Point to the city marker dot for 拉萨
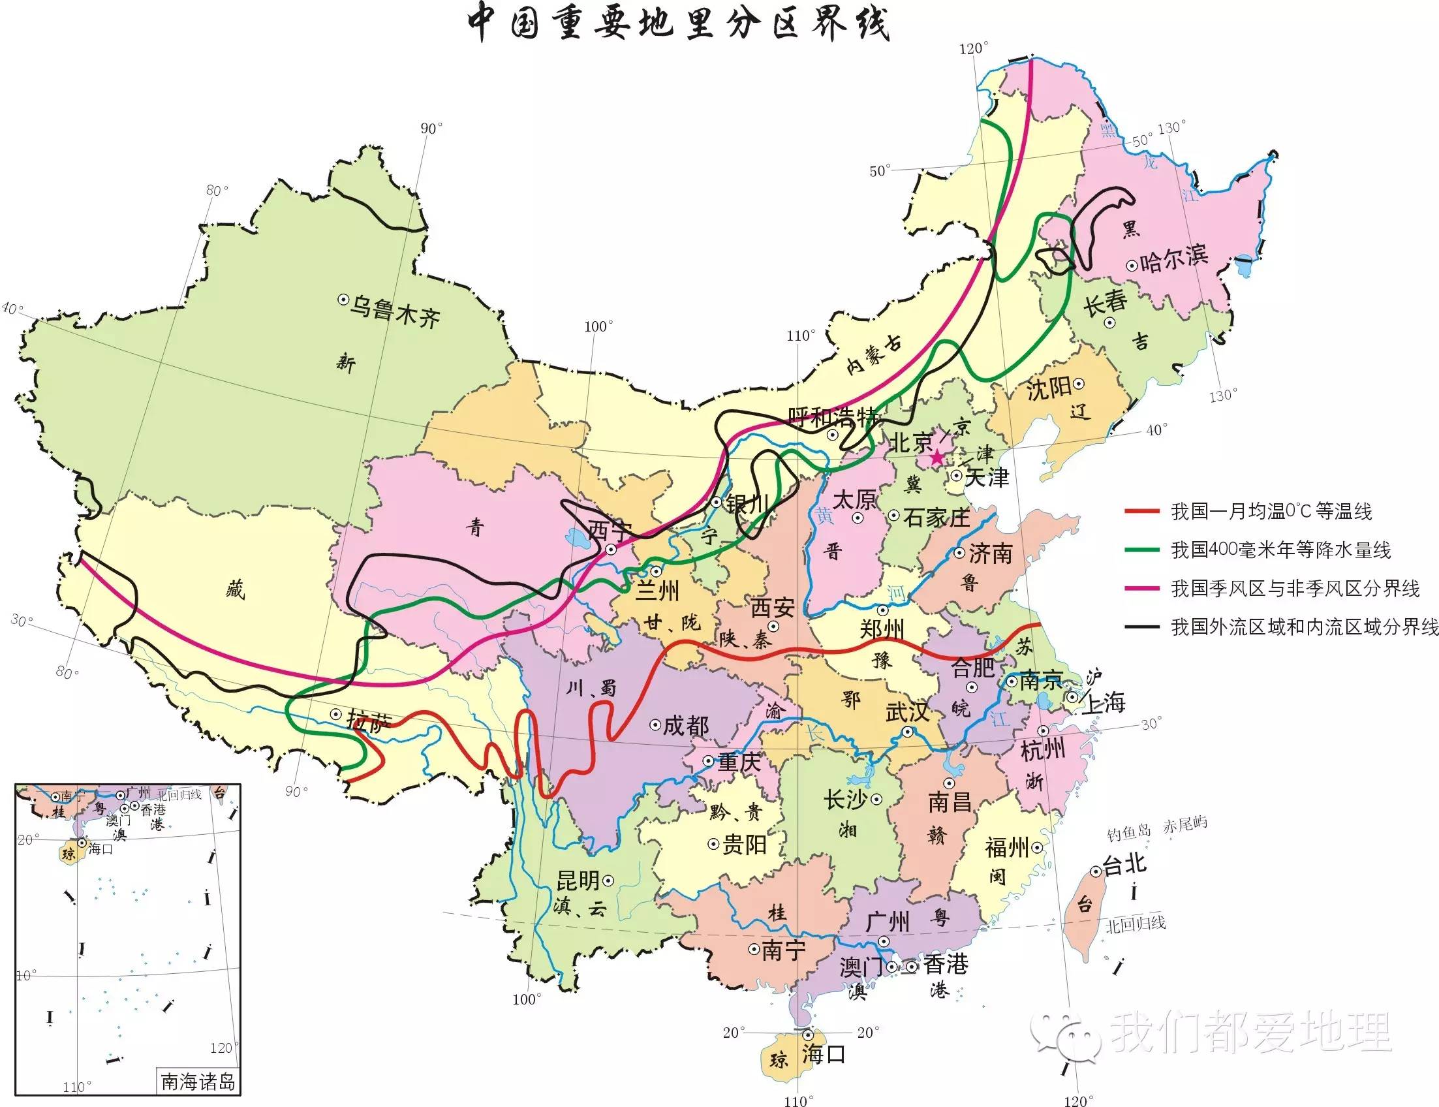tap(335, 713)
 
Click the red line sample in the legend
tap(1142, 511)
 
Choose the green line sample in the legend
tap(1142, 550)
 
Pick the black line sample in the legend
tap(1142, 627)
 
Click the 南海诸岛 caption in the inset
tap(198, 1082)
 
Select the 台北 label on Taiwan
tap(1124, 864)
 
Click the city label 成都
tap(686, 725)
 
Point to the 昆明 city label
tap(578, 881)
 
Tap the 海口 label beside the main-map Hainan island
tap(823, 1054)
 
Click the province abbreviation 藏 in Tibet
tap(235, 589)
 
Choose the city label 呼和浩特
tap(833, 417)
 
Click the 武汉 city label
tap(907, 711)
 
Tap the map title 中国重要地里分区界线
tap(679, 25)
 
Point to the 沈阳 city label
tap(1049, 389)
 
